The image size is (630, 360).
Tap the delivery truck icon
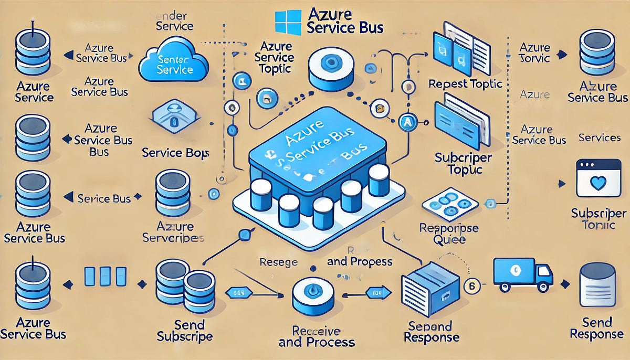pyautogui.click(x=522, y=274)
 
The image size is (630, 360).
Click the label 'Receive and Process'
pyautogui.click(x=316, y=337)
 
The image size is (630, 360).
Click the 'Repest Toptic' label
pyautogui.click(x=465, y=84)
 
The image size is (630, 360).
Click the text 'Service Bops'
pyautogui.click(x=175, y=153)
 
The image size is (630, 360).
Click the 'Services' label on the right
pyautogui.click(x=600, y=138)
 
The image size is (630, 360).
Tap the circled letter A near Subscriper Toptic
pyautogui.click(x=407, y=122)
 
